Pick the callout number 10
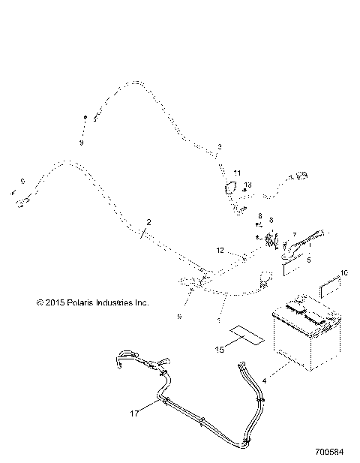coord(344,273)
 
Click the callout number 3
coord(220,146)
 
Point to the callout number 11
coord(237,173)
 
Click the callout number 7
coord(294,235)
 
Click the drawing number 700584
coord(331,452)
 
